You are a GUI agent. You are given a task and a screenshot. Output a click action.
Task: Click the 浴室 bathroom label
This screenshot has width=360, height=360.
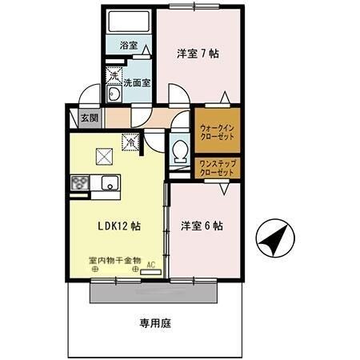pos(129,46)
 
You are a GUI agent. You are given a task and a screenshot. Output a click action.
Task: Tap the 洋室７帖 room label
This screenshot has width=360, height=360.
pos(198,54)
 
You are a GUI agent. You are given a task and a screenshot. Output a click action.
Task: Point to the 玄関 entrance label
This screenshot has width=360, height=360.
pos(90,118)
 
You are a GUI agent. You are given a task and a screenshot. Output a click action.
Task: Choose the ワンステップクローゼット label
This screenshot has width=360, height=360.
pos(216,168)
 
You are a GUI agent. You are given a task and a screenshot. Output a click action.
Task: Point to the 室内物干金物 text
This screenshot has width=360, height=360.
pos(114,260)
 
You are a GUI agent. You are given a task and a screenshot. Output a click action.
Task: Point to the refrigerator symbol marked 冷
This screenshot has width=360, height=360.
pos(129,142)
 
